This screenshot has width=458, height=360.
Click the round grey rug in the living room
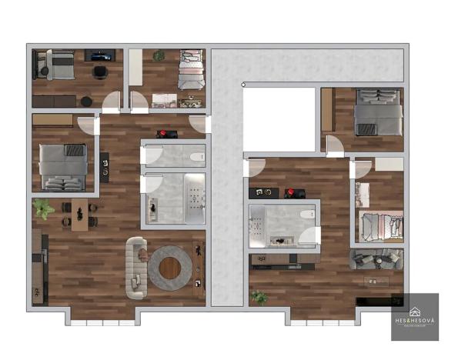coord(170,267)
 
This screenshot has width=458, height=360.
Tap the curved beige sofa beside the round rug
coord(136,266)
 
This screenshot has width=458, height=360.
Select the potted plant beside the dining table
coord(43,208)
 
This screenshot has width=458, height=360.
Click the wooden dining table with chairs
coord(77,215)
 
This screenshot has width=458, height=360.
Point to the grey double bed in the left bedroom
coord(63,166)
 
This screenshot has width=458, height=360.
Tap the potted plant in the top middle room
coord(159,55)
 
